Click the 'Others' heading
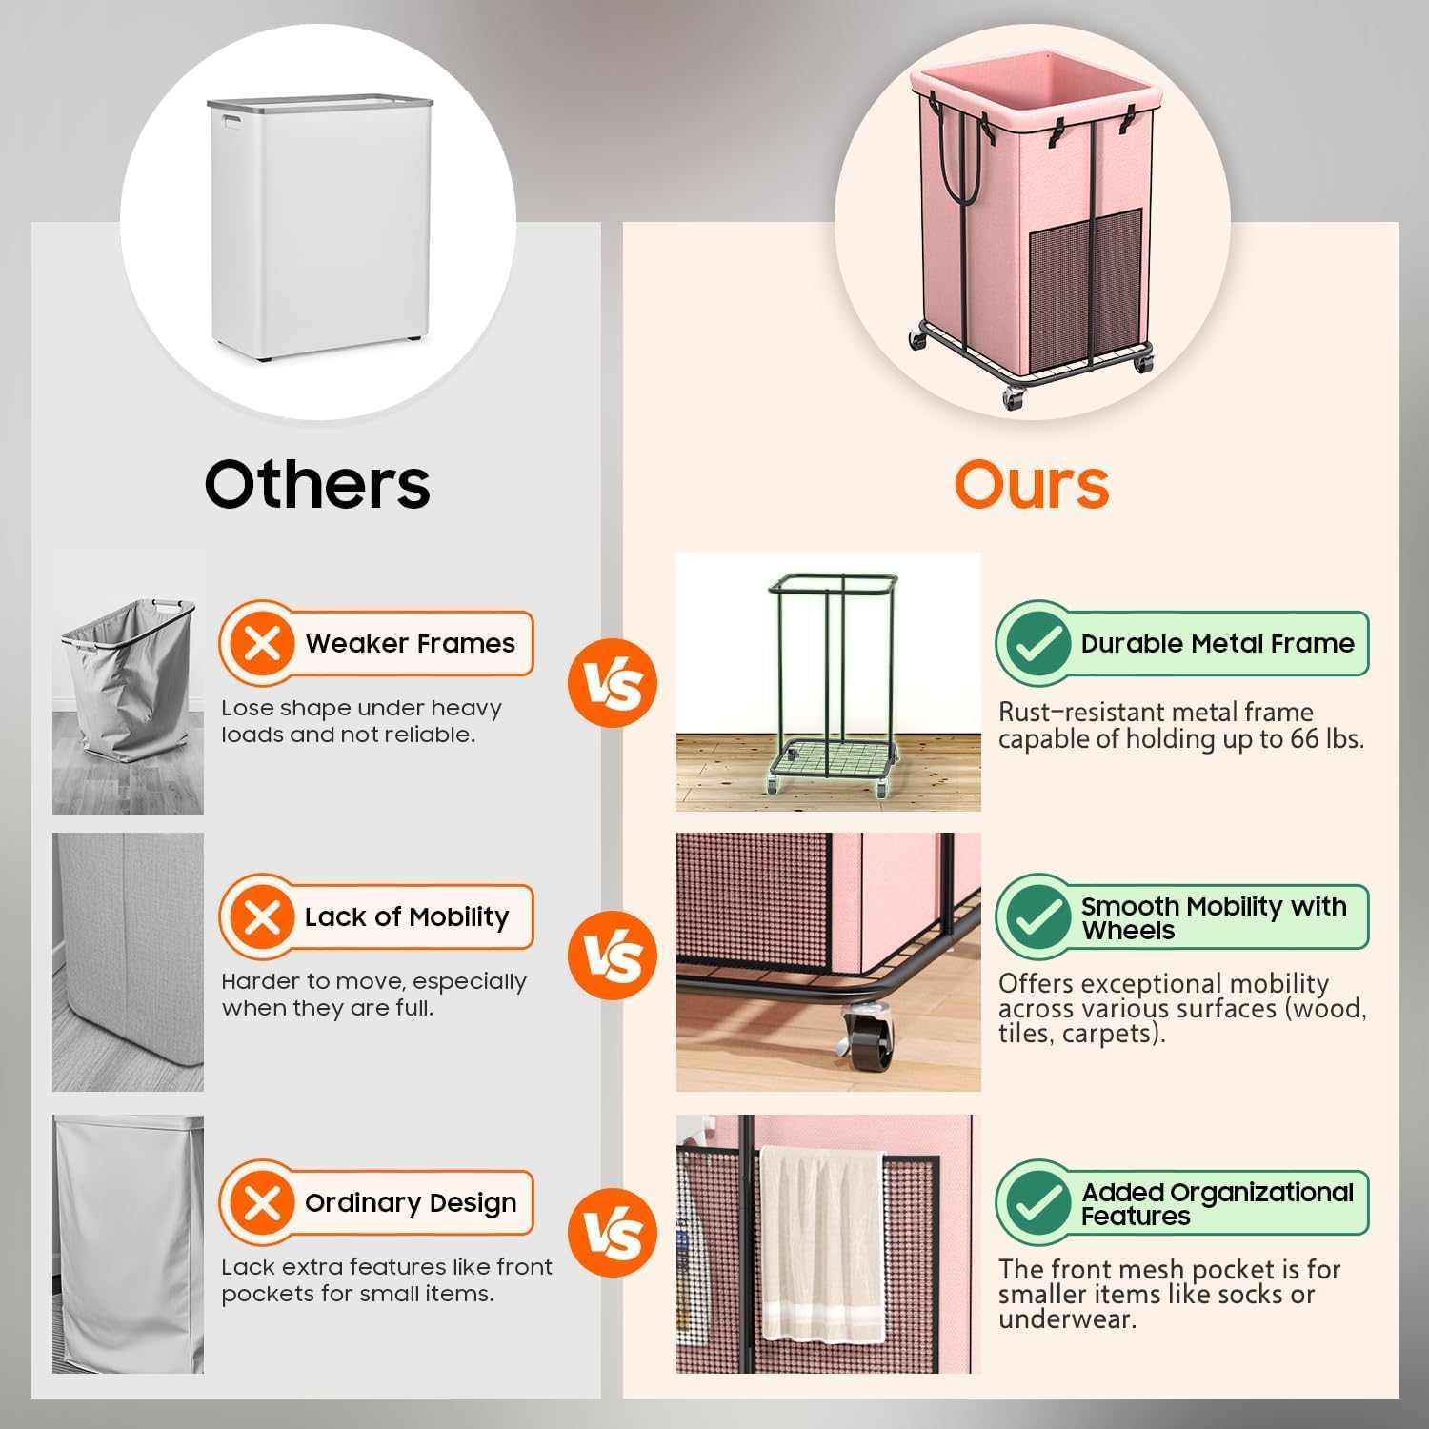tap(317, 483)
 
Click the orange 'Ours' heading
tap(1032, 483)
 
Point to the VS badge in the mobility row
tap(613, 956)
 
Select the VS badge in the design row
tap(613, 1233)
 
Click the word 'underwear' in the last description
tap(1066, 1320)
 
